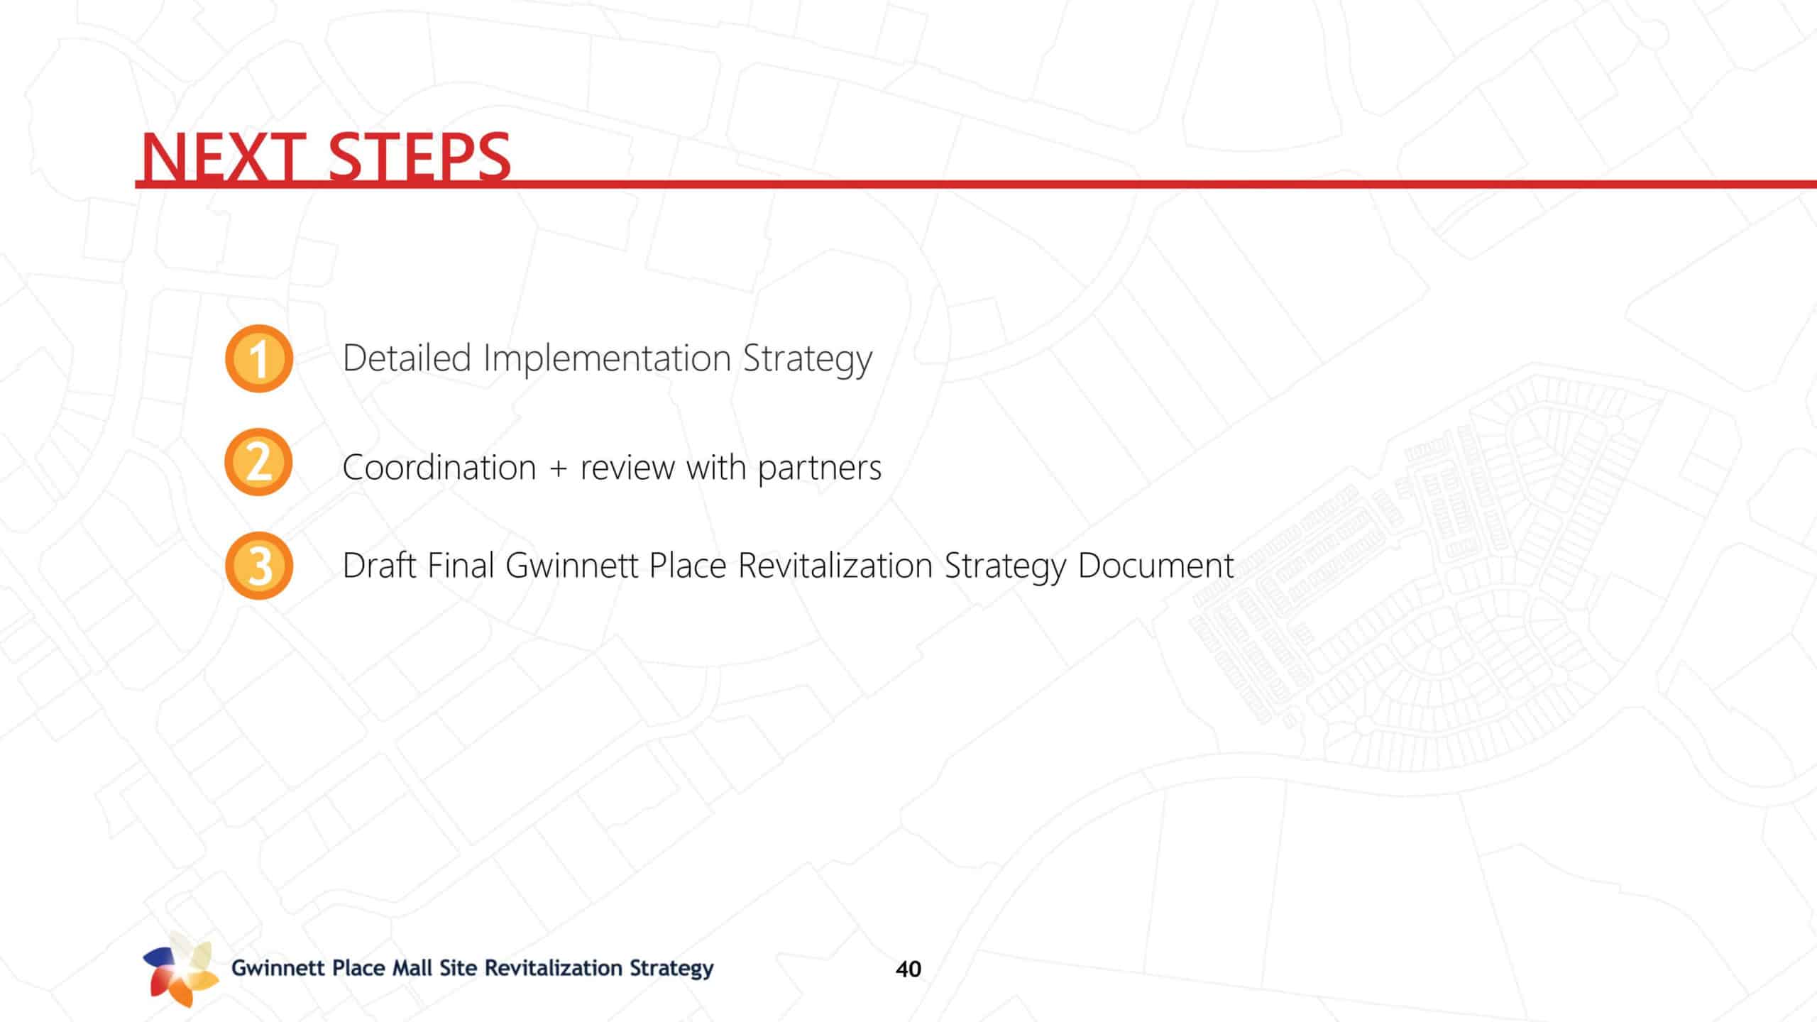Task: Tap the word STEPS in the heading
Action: [x=419, y=158]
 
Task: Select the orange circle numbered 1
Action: [x=259, y=358]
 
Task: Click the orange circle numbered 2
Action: [x=259, y=462]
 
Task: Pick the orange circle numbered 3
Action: [x=259, y=566]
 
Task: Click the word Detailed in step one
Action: [x=407, y=358]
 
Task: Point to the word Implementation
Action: [x=607, y=358]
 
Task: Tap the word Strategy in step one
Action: [x=808, y=359]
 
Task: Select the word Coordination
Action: [x=439, y=468]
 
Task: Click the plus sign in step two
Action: [x=558, y=469]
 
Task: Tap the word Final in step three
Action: [x=461, y=566]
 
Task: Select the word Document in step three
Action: [x=1156, y=566]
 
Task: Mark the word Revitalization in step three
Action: [x=835, y=566]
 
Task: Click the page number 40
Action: [x=908, y=969]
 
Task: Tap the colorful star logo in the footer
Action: [x=181, y=969]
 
